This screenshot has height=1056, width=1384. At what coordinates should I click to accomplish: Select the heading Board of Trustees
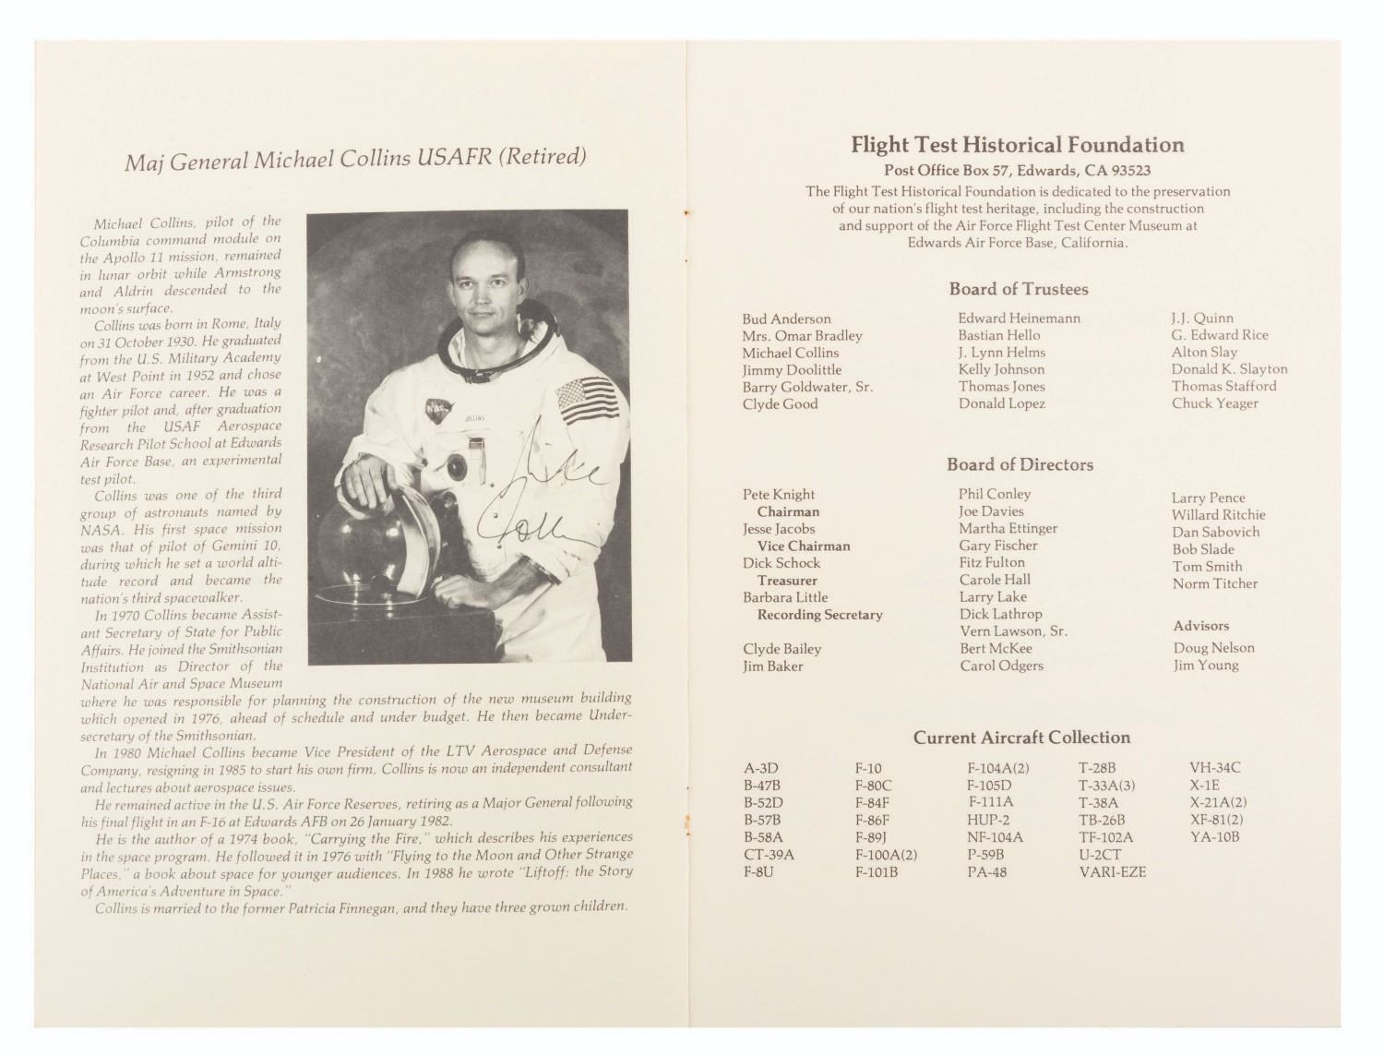(1019, 289)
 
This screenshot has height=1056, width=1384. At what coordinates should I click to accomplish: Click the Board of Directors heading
(1020, 464)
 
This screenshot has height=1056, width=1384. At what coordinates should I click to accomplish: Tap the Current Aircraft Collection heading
(1021, 738)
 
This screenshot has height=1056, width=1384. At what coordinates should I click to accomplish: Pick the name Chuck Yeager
(1214, 403)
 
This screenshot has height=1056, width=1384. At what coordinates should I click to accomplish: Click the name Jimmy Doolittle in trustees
(792, 370)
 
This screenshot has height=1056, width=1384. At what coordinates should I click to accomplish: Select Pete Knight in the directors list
(779, 495)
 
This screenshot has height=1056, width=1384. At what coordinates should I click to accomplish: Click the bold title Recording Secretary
(819, 615)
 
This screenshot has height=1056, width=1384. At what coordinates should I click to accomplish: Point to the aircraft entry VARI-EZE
(1112, 871)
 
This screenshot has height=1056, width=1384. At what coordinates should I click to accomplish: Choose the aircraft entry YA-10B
(1214, 837)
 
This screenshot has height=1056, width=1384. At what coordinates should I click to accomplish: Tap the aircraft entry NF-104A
(995, 837)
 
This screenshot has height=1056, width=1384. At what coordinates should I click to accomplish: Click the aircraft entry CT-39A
(769, 855)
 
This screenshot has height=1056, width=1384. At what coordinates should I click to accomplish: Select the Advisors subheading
(1201, 626)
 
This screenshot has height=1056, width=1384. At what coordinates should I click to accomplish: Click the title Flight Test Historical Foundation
(1017, 145)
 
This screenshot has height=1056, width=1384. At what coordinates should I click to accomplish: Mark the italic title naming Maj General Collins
(355, 159)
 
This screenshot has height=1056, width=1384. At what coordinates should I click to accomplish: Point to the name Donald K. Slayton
(1229, 369)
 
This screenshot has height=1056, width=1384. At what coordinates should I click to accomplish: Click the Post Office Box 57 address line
(1017, 171)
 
